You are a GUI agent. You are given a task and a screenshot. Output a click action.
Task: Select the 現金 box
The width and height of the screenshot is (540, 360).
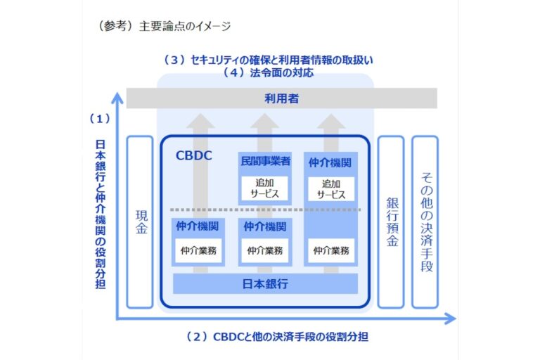pyautogui.click(x=140, y=221)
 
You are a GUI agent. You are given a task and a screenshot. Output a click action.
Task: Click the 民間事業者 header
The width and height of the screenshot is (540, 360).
pyautogui.click(x=265, y=161)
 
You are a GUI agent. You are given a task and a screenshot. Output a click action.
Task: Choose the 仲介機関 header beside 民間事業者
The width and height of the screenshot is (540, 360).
pyautogui.click(x=330, y=162)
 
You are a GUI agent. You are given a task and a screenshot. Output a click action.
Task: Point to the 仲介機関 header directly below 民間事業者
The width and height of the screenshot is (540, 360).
pyautogui.click(x=265, y=226)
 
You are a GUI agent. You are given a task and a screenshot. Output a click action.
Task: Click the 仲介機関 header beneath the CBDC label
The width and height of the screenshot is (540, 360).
pyautogui.click(x=198, y=226)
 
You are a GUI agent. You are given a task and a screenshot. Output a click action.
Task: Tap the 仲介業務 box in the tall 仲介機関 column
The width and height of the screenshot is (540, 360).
pyautogui.click(x=330, y=250)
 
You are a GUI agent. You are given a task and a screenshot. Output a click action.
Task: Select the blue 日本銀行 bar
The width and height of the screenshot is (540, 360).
pyautogui.click(x=265, y=283)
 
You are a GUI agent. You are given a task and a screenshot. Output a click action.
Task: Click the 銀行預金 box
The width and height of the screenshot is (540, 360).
pyautogui.click(x=391, y=221)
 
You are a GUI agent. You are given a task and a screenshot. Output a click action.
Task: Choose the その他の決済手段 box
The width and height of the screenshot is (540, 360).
pyautogui.click(x=425, y=221)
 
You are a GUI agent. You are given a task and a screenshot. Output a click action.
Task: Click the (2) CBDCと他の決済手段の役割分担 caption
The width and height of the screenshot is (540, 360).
pyautogui.click(x=277, y=337)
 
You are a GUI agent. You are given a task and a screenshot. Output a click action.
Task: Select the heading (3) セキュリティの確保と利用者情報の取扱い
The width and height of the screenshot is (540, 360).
pyautogui.click(x=267, y=60)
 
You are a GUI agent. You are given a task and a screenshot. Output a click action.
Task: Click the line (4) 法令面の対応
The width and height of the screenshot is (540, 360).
pyautogui.click(x=267, y=72)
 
